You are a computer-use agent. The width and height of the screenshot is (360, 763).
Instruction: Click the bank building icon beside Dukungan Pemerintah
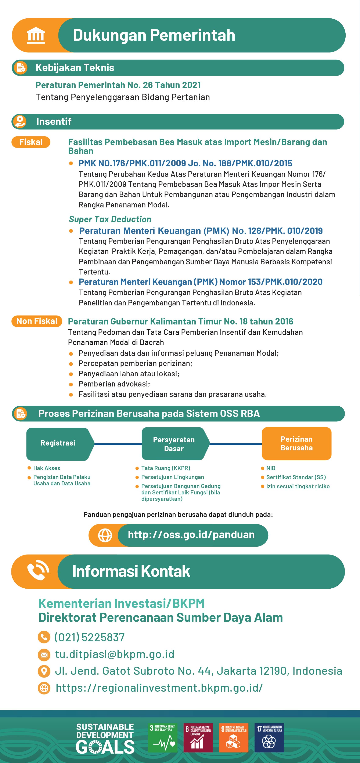coord(36,36)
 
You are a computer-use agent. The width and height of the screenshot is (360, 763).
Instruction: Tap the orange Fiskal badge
coord(31,142)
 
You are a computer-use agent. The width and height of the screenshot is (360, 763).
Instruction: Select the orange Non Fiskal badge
coord(37,321)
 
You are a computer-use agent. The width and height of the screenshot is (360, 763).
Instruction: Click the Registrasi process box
coord(58,443)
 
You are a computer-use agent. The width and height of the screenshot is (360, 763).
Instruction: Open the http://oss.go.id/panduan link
coord(191,535)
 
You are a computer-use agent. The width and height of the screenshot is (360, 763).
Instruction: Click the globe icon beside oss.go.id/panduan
coord(105,535)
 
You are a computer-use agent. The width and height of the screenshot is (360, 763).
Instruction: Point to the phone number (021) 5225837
coord(89,637)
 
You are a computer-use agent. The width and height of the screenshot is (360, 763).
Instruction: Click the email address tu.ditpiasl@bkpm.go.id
coord(115,654)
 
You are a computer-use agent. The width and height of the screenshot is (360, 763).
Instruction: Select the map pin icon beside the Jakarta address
coord(44,671)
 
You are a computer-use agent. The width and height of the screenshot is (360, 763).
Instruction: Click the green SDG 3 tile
coord(163,738)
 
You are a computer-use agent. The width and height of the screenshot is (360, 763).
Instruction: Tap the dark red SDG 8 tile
coord(198,738)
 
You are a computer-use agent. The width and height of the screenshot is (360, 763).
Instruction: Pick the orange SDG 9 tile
coord(234,738)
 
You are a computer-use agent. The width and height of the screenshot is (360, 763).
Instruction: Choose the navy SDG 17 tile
coord(269,738)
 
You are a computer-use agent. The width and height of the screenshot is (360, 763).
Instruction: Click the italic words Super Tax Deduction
coord(110,219)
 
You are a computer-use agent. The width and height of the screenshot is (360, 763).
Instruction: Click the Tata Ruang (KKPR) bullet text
coord(166,468)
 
